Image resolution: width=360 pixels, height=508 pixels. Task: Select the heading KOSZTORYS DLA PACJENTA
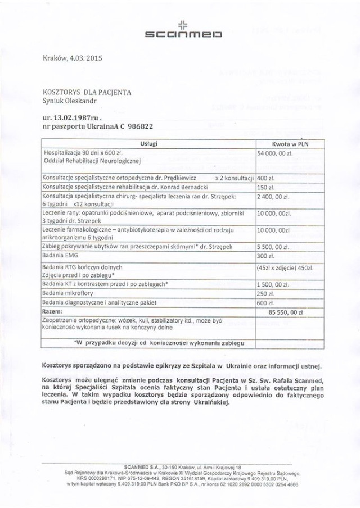[87, 92]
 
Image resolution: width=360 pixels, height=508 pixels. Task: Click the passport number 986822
[137, 128]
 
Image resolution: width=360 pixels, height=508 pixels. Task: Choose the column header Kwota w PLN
[289, 144]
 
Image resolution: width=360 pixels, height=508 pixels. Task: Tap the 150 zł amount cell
[265, 187]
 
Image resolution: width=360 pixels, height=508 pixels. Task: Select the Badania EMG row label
[61, 256]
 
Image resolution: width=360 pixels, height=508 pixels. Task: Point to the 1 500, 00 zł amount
[274, 284]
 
